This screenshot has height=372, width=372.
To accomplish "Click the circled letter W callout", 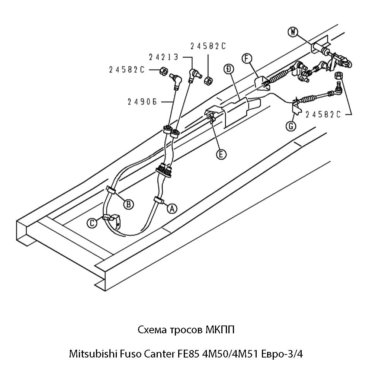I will pos(294,32).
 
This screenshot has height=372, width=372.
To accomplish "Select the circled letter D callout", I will pos(229,69).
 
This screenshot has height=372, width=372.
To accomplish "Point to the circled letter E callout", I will pos(221,154).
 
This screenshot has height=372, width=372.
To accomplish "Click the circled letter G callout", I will pos(291,126).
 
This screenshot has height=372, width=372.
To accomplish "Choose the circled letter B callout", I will pos(128,204).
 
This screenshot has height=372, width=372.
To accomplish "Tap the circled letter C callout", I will pos(92,223).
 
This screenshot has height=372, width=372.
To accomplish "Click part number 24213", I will pos(163,58).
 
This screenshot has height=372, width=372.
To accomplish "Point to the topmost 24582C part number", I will pos(208,46).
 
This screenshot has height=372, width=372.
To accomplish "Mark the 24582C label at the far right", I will pos(323,115).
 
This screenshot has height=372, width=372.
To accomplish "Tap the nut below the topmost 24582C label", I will pos(208,80).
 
